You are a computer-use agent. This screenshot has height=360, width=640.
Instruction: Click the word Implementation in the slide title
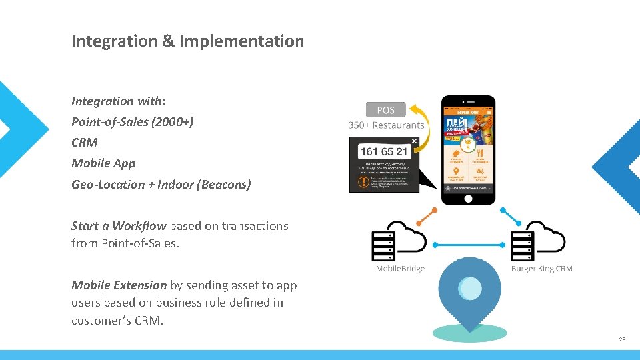[x=241, y=41]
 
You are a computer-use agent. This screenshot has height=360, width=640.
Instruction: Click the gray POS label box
[x=385, y=109]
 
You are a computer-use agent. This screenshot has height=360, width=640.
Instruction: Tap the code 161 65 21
[x=383, y=151]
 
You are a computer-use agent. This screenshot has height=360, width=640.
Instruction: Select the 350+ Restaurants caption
[x=386, y=125]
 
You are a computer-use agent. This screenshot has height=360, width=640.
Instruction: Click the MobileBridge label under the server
[x=400, y=269]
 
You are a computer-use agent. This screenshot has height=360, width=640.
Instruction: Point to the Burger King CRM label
[x=541, y=269]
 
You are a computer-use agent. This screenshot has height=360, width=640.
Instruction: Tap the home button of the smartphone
[x=469, y=198]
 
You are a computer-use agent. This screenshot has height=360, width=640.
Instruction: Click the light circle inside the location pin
[x=471, y=288]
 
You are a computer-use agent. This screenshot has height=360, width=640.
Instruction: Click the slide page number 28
[x=622, y=339]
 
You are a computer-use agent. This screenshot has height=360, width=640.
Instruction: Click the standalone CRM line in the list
[x=85, y=143]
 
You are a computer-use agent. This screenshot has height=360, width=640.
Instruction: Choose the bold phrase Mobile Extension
[x=119, y=285]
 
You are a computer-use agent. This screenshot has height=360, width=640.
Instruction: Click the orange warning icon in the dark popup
[x=363, y=181]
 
